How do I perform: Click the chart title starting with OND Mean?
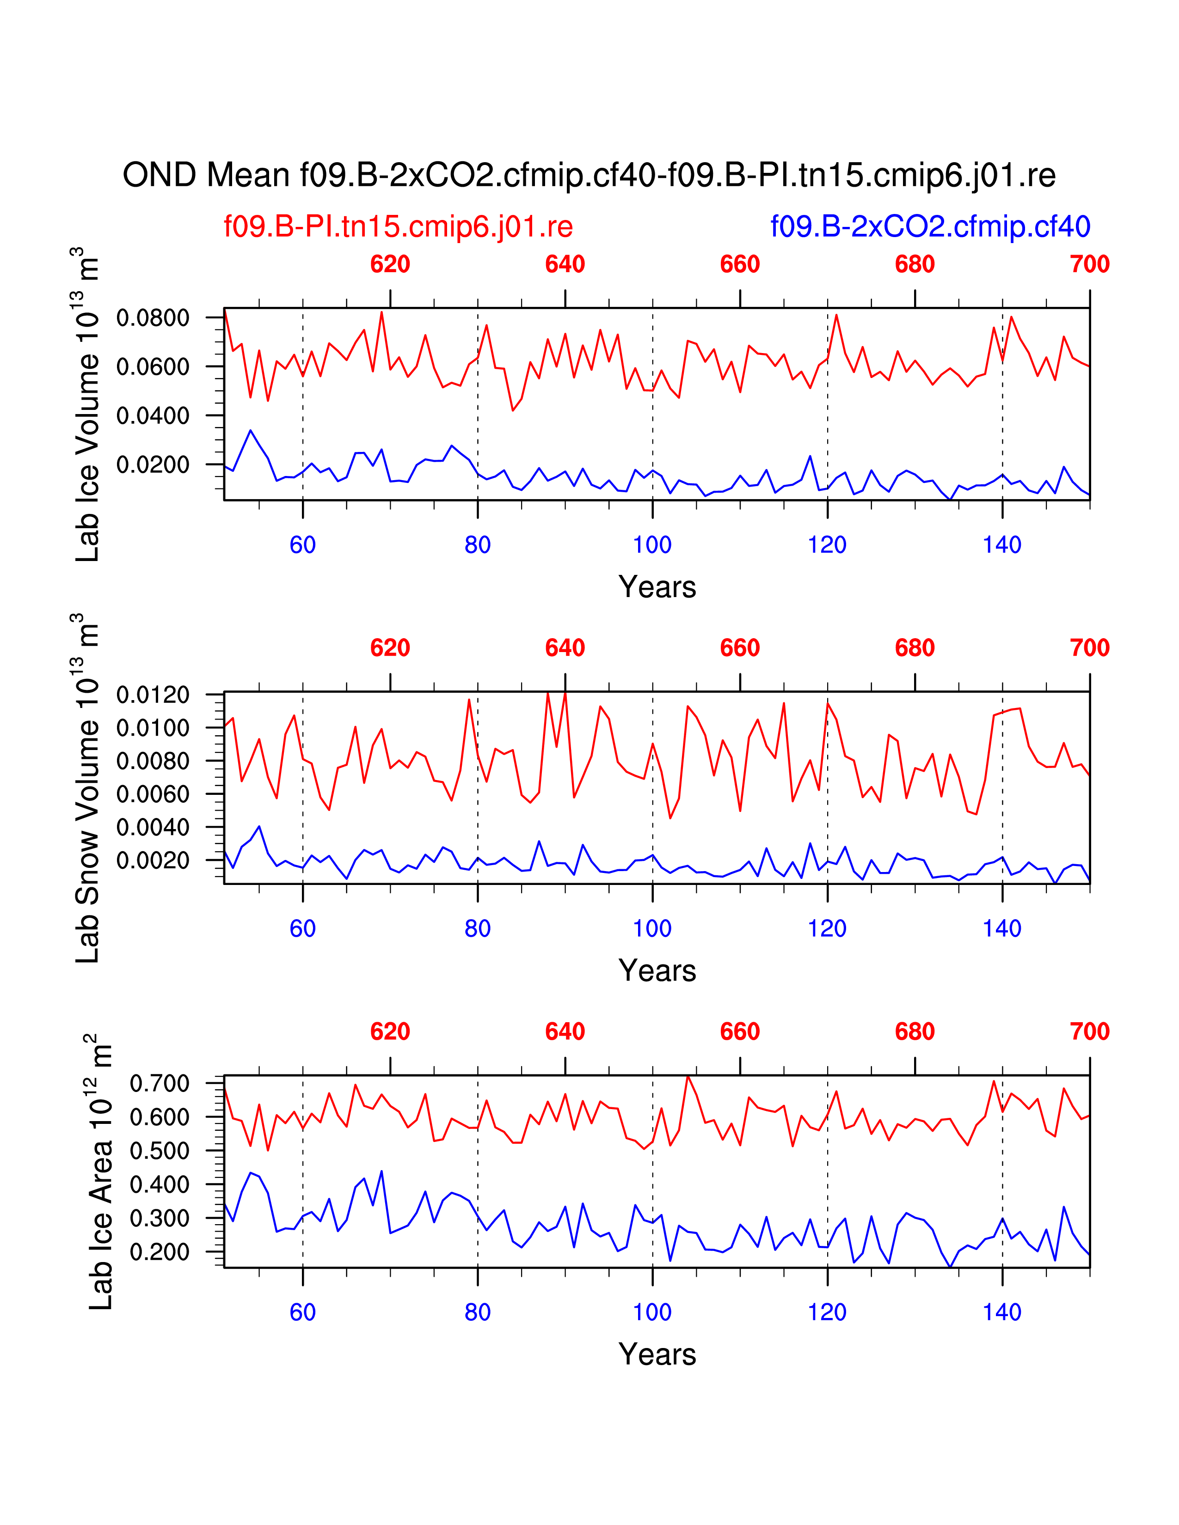(589, 175)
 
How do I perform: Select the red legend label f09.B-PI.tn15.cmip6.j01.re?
(398, 227)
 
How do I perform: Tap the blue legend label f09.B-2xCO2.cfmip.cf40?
(930, 227)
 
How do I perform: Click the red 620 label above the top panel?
(390, 265)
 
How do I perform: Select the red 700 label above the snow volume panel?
(1089, 648)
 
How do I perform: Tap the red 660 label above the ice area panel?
(740, 1031)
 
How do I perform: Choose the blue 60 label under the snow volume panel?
(302, 929)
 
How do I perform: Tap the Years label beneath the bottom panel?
(657, 1354)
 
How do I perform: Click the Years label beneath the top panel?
(657, 587)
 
